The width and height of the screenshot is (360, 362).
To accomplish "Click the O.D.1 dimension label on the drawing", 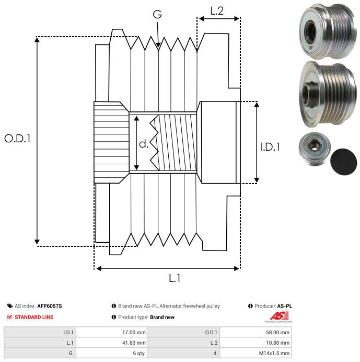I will [x=18, y=139].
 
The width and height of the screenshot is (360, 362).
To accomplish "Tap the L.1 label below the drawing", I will [x=175, y=279].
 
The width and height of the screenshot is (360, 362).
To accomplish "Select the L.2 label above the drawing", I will [x=217, y=10].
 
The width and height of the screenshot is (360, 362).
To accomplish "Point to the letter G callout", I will [x=157, y=15].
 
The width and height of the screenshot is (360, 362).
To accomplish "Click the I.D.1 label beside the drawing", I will [x=270, y=147].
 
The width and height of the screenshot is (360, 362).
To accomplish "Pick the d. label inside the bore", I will [x=144, y=144].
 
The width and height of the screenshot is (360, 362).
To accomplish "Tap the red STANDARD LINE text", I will [x=34, y=317].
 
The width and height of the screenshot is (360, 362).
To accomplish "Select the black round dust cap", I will [x=344, y=161].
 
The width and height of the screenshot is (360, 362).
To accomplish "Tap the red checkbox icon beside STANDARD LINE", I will [x=10, y=317].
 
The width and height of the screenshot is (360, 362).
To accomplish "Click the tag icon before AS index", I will [x=10, y=306].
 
